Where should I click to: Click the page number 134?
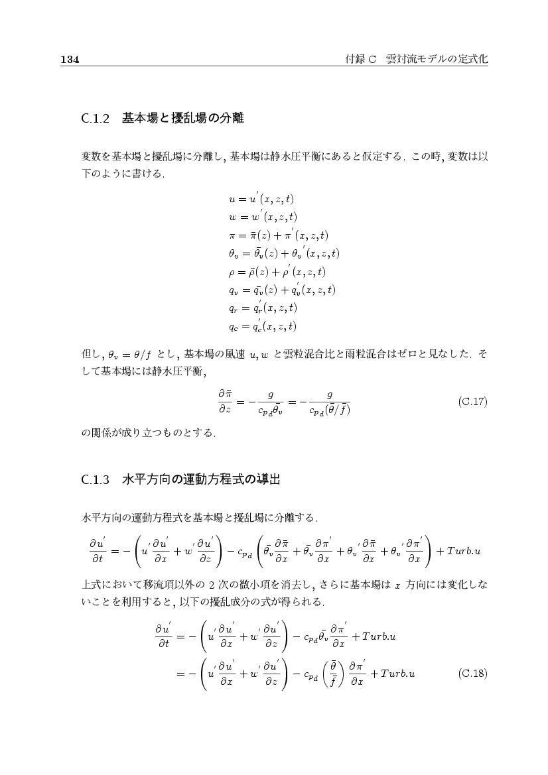click(x=70, y=60)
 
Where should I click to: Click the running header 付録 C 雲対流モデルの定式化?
click(x=417, y=59)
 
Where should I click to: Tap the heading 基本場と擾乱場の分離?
click(x=183, y=119)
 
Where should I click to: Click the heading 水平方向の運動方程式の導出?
click(x=201, y=481)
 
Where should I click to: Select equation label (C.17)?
click(x=473, y=402)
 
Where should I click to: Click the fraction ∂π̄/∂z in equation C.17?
click(x=225, y=402)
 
